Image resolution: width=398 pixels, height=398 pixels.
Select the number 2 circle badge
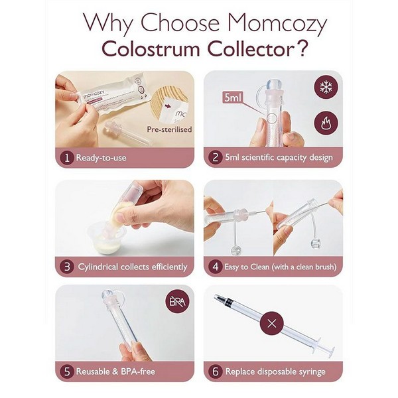[215, 158]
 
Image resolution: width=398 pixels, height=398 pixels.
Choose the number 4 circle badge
[215, 267]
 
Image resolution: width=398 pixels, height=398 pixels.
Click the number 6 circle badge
[215, 371]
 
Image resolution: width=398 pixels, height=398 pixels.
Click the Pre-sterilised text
[170, 129]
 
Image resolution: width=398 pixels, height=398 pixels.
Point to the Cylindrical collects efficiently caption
[133, 267]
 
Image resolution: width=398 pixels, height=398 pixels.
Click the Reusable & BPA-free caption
[117, 371]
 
